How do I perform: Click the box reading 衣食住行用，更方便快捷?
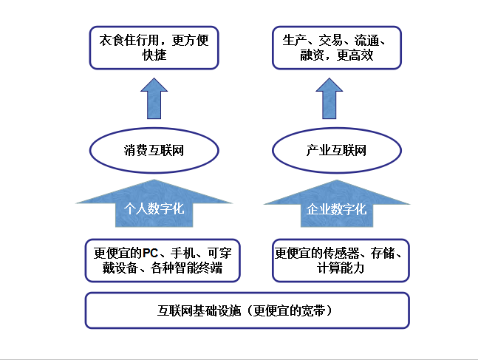(x=154, y=47)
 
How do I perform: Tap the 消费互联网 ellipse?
(x=154, y=151)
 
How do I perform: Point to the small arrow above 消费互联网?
(x=154, y=98)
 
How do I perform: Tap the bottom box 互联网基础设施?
(x=247, y=310)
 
